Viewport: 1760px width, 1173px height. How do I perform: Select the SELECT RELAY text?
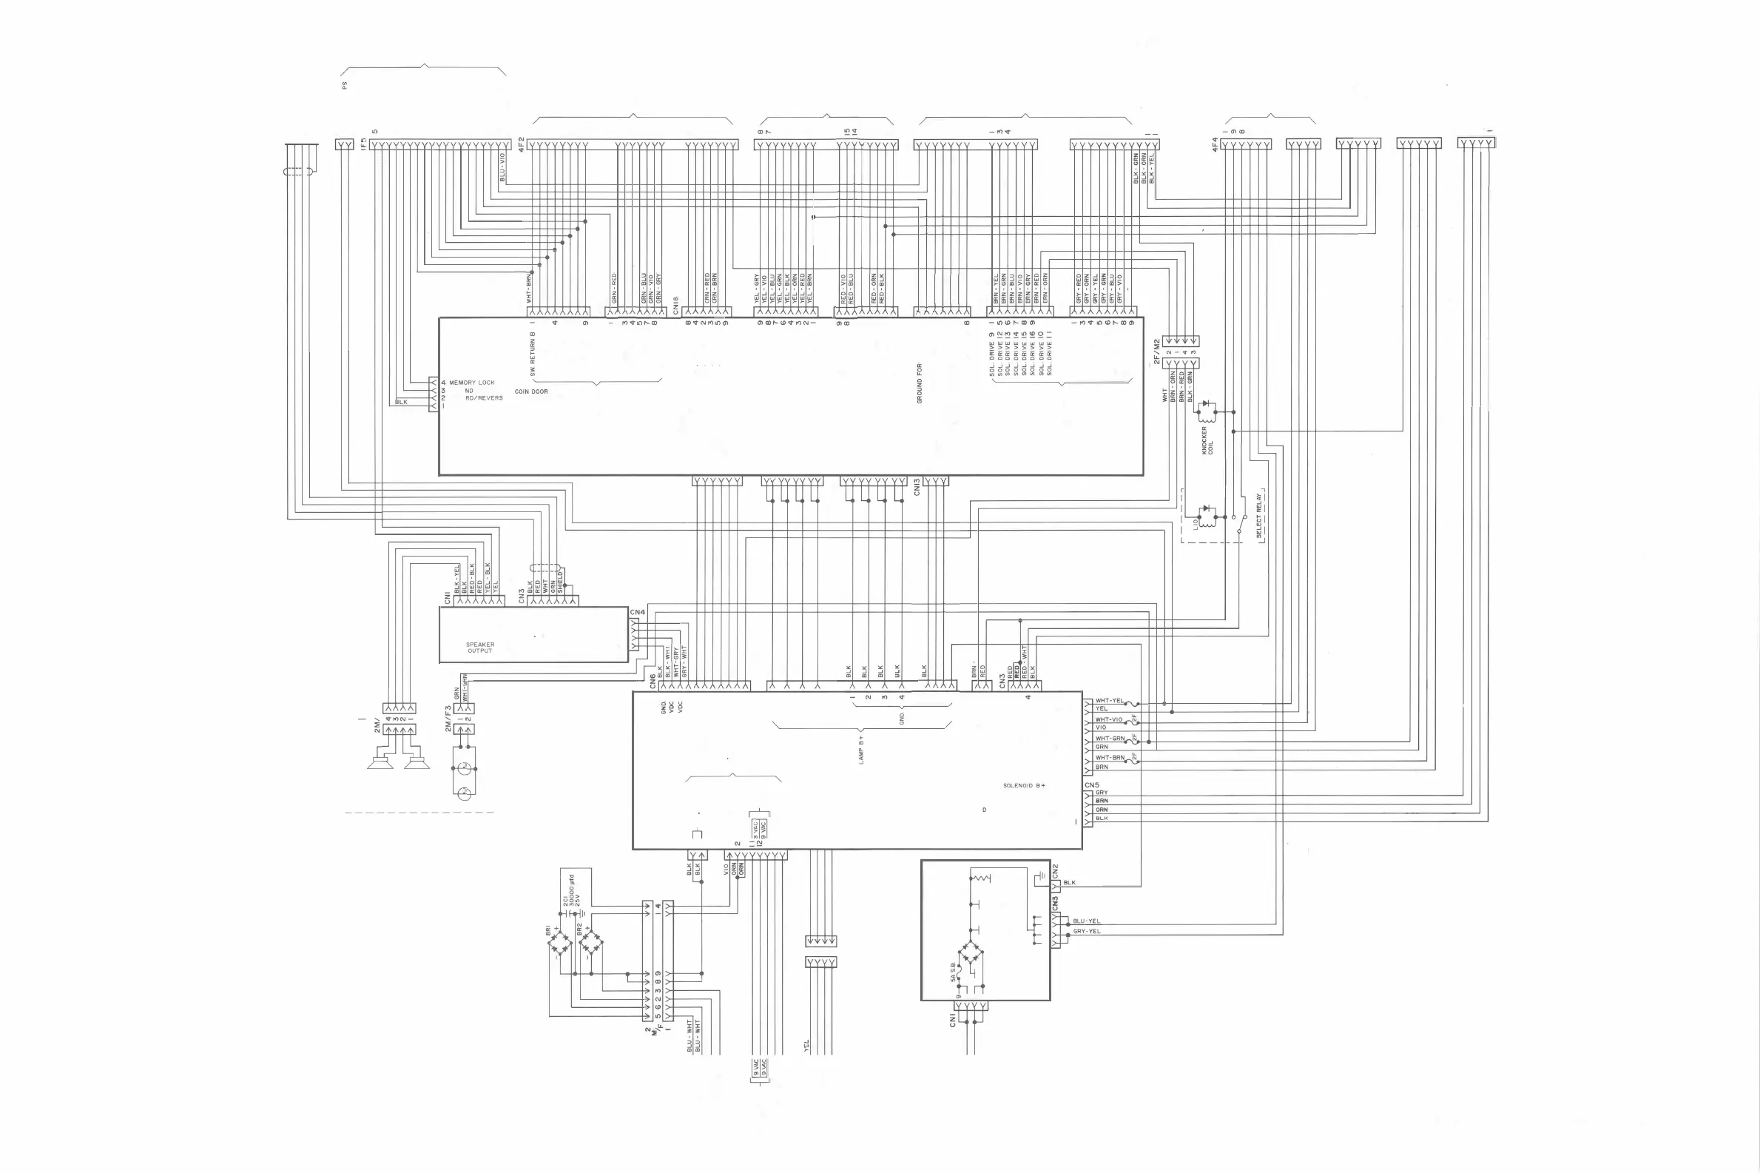tap(1258, 515)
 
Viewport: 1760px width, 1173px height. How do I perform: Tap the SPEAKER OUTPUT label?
tap(480, 647)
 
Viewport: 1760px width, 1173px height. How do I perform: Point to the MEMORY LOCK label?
tap(472, 383)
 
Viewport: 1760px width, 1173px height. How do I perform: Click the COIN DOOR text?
tap(531, 391)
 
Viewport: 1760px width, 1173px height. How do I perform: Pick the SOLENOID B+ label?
tap(1024, 785)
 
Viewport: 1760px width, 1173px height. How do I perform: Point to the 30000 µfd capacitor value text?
tap(570, 890)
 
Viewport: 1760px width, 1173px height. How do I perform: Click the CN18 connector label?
tap(675, 306)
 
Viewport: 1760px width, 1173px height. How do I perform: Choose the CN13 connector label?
tap(917, 487)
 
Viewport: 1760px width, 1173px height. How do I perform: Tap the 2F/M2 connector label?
tap(1156, 352)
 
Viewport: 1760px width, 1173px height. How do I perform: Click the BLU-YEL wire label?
tap(1086, 921)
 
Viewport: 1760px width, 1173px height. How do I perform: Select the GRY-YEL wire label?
tap(1086, 931)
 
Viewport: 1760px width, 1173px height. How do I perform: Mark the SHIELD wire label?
tap(560, 581)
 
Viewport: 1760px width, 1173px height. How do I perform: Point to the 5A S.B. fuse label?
tap(954, 972)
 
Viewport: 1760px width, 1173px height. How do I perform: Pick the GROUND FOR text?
tap(919, 384)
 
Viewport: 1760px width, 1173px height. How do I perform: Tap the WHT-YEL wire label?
tap(1109, 701)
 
